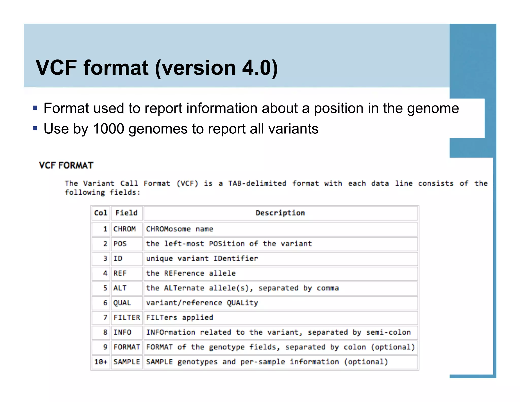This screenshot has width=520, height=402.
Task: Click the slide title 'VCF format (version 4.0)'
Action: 157,68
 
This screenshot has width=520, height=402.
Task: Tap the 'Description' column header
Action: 280,213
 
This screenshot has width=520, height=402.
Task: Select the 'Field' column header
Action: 126,213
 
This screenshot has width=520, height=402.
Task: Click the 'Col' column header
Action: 101,213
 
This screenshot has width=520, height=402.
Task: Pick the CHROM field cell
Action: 124,229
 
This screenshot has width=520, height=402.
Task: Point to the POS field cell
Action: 120,244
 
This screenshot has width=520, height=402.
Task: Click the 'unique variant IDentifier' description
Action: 202,259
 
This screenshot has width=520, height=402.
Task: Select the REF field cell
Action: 120,273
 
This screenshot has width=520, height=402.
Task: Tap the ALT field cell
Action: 120,288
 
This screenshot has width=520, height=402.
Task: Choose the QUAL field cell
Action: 122,303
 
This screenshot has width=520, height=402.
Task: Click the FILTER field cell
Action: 127,318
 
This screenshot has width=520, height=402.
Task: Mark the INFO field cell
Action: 122,332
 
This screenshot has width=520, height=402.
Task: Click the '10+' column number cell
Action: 101,362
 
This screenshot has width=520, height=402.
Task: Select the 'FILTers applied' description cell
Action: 180,318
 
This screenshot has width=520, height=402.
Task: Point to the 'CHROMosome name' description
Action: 180,229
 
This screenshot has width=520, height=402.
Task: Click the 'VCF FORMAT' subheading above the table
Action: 66,165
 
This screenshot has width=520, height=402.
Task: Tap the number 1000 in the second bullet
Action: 108,129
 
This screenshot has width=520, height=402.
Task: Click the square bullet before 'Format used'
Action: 35,108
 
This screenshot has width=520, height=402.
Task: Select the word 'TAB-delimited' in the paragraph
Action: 257,183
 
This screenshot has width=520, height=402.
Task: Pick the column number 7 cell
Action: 105,318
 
